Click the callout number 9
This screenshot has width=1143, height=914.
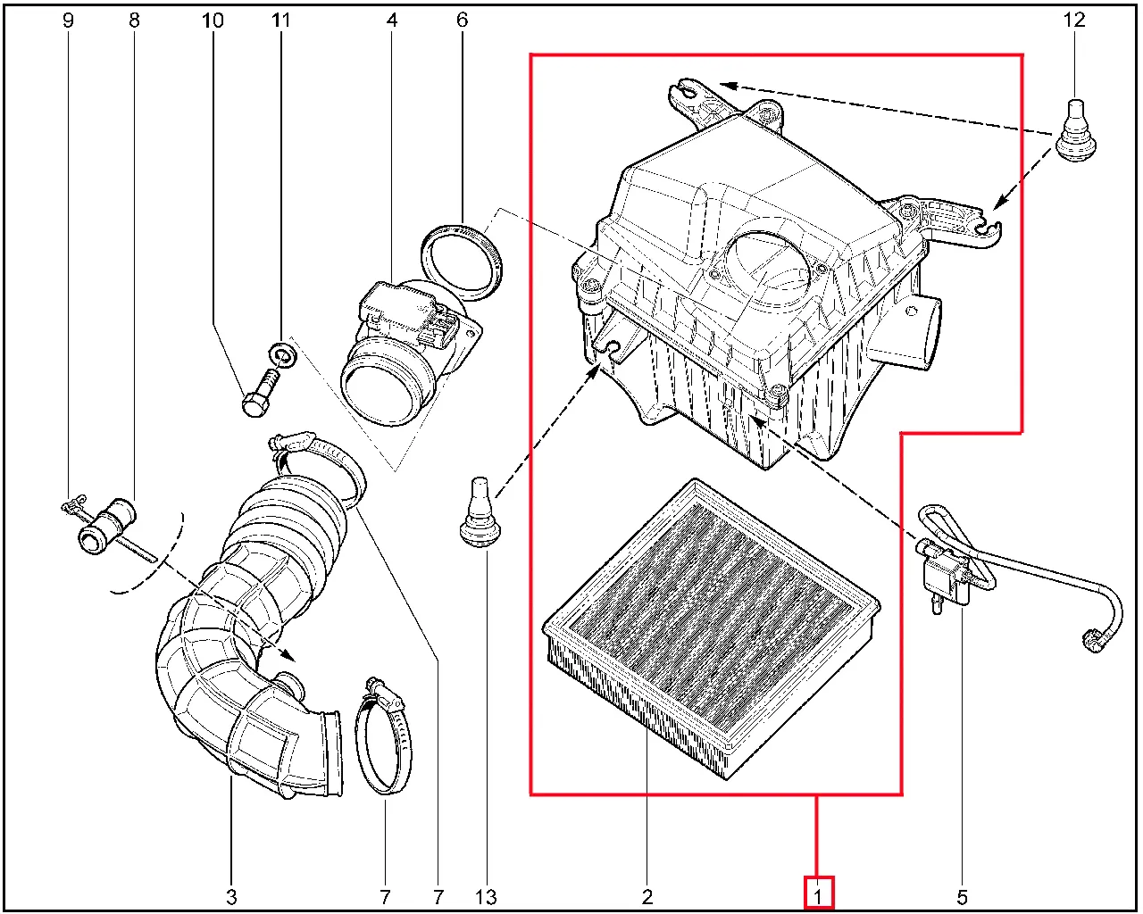pos(68,21)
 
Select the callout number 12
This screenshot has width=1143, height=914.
pos(1074,21)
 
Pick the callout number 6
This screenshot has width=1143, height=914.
pos(462,21)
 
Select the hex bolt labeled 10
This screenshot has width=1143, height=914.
pos(258,394)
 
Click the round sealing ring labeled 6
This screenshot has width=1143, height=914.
pos(461,262)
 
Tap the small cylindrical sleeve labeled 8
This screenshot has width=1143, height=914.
pos(107,527)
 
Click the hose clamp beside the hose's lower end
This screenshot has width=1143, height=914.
pos(383,735)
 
